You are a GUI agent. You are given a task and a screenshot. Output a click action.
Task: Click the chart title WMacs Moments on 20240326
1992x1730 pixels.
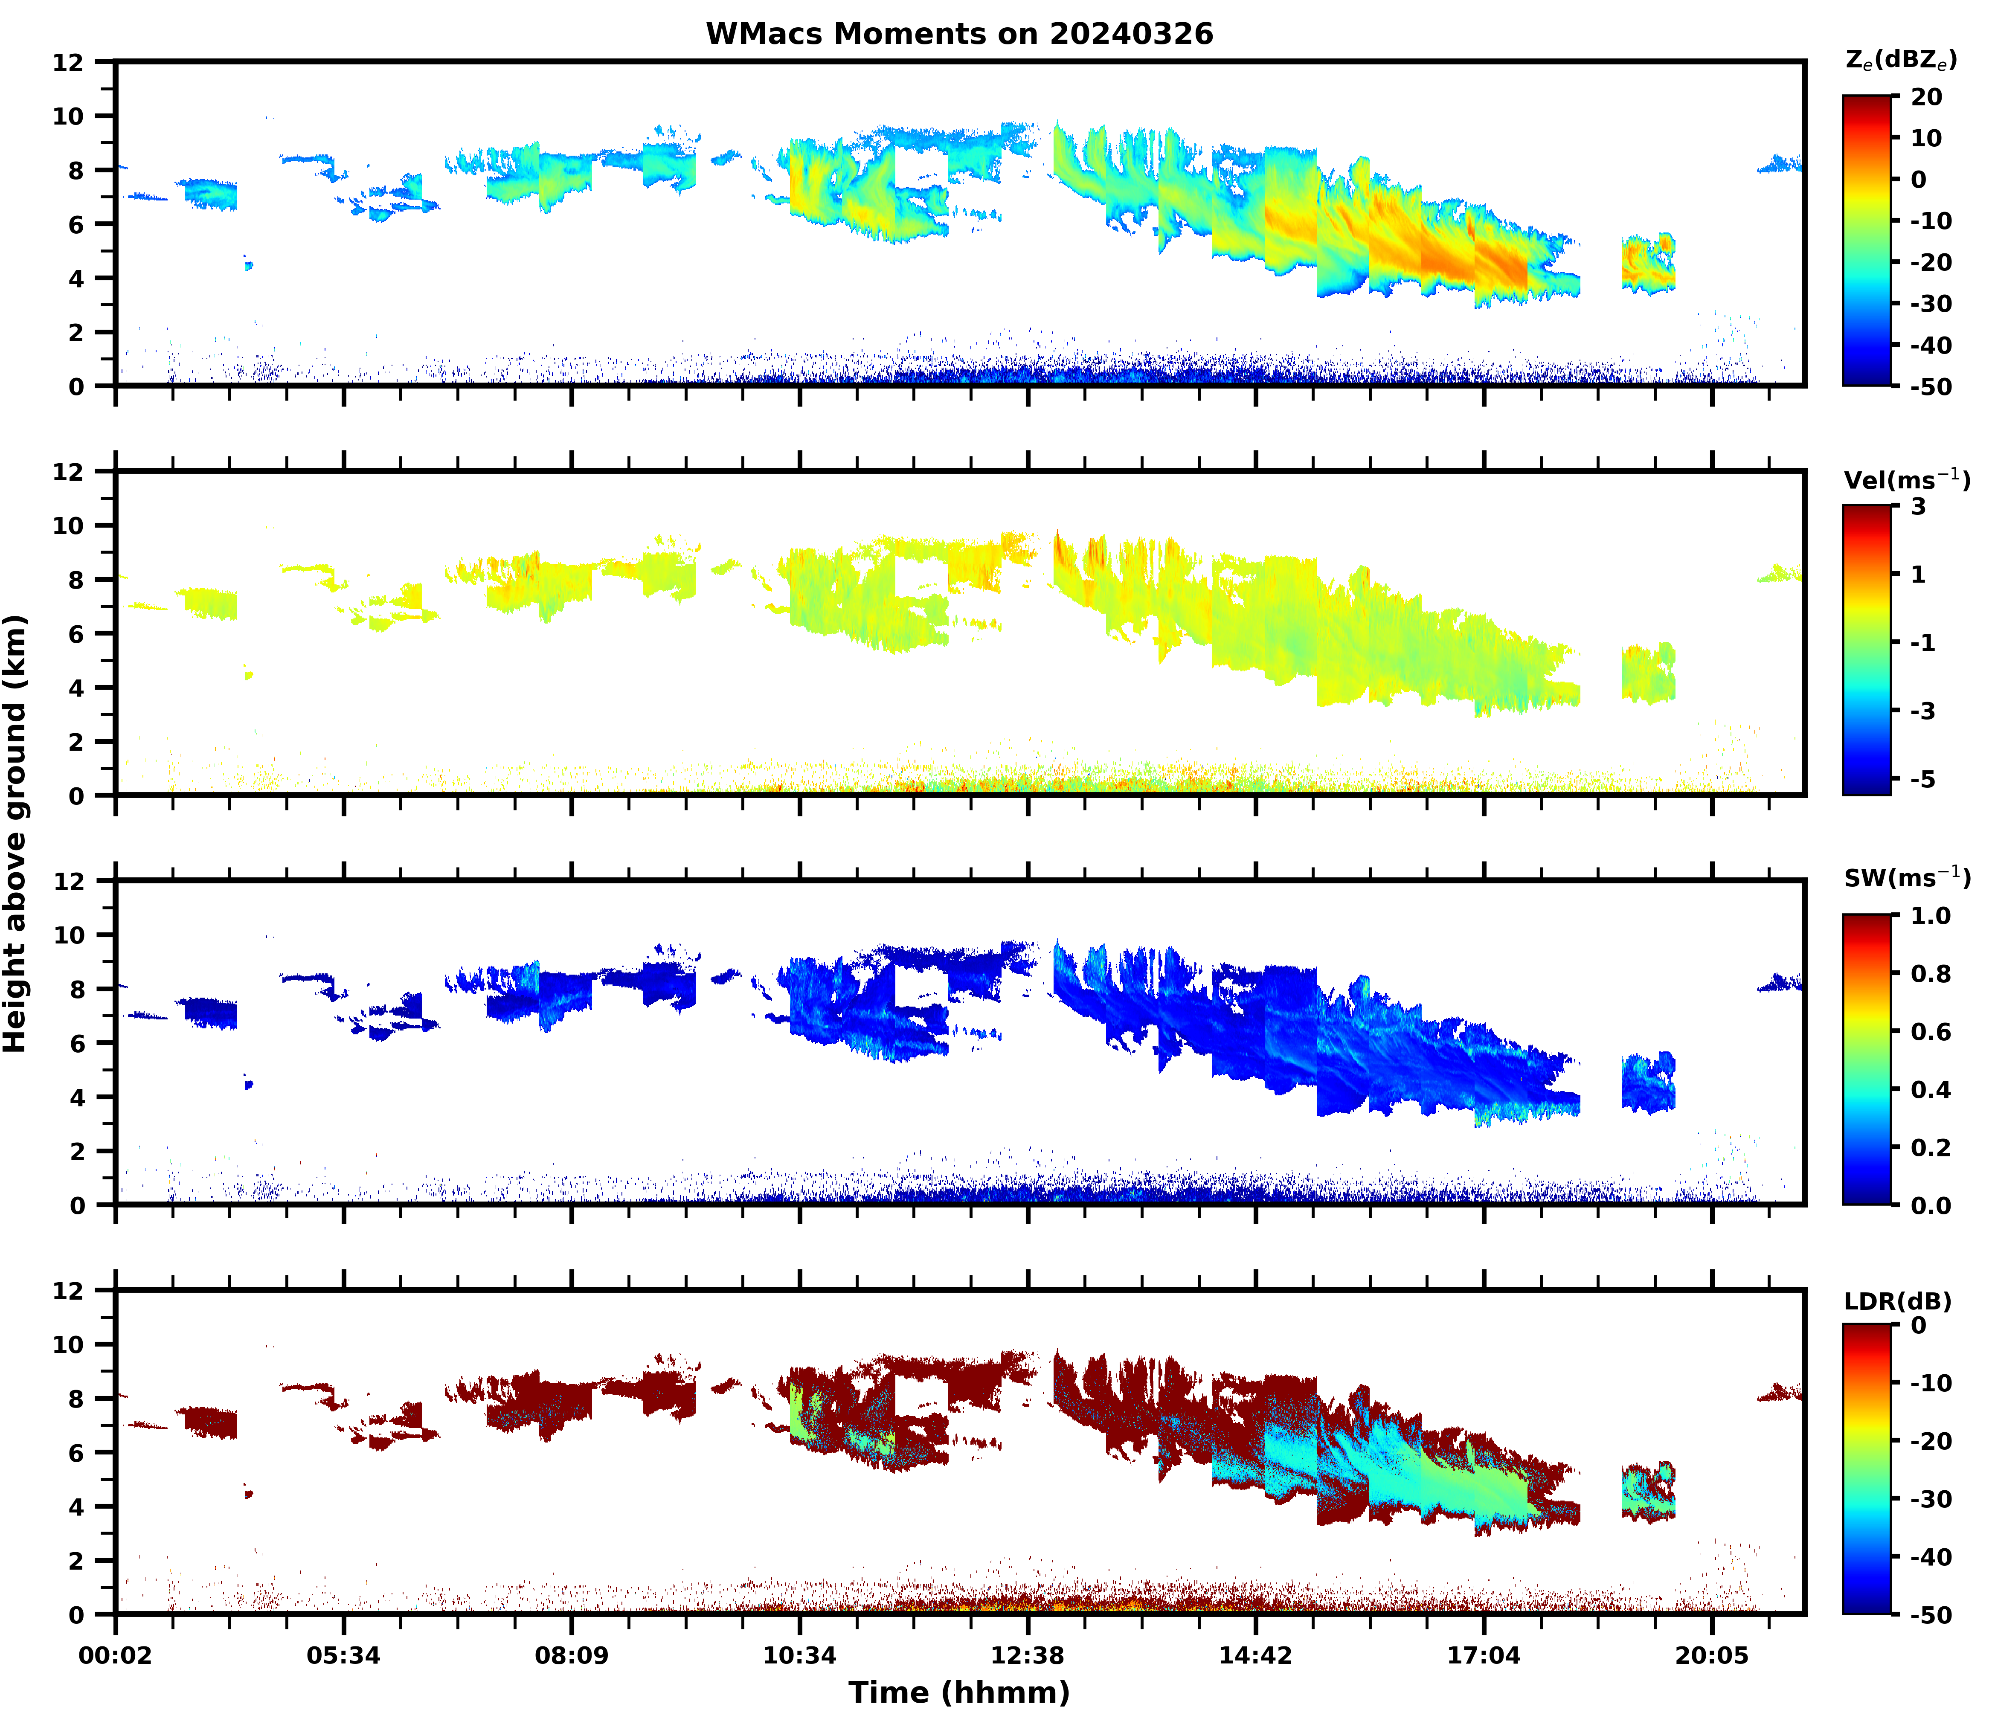click(959, 34)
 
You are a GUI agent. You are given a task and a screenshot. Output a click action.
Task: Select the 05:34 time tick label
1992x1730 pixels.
click(344, 1656)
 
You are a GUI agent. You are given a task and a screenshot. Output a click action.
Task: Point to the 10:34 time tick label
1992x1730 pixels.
click(799, 1656)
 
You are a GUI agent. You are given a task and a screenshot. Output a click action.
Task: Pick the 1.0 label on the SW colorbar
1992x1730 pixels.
click(1930, 915)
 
